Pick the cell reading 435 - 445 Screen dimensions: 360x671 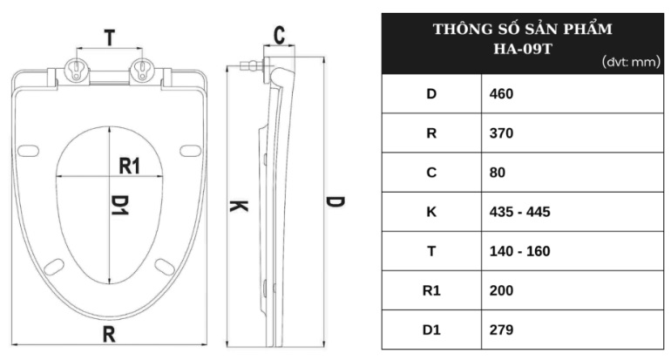coord(518,212)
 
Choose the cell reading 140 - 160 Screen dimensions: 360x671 coord(518,251)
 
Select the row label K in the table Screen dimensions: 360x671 coord(430,212)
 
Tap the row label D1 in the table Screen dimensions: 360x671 coord(430,330)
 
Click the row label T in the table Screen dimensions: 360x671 coord(430,251)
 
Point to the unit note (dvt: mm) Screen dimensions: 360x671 coord(631,63)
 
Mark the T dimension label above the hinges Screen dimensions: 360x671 coord(109,37)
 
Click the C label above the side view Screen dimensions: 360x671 coord(279,35)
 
